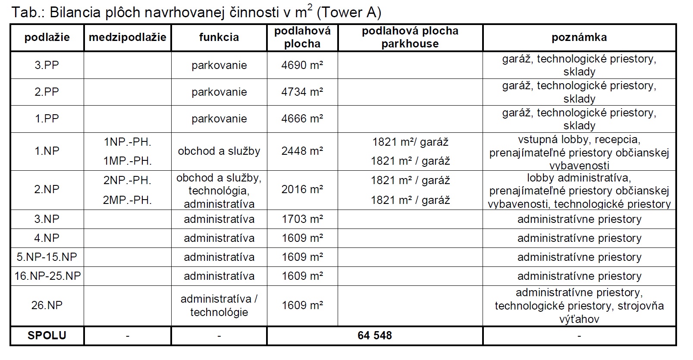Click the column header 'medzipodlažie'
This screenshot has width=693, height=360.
[127, 38]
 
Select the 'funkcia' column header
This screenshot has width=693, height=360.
[219, 38]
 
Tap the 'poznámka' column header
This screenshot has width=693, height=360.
[579, 38]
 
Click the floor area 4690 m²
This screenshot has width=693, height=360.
[302, 65]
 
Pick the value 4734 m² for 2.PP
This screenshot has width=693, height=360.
[302, 92]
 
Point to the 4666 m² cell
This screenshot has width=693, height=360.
[302, 119]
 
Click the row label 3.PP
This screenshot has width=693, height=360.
[47, 65]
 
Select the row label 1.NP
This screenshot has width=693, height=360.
[47, 151]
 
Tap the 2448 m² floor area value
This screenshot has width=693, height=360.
[302, 151]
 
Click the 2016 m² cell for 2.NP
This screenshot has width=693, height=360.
[302, 189]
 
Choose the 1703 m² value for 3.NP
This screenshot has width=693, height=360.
[302, 219]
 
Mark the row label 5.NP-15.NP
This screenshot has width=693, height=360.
[47, 257]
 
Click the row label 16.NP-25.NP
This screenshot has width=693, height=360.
[47, 276]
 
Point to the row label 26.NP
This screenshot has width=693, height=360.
[47, 305]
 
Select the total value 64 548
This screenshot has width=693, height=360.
[374, 335]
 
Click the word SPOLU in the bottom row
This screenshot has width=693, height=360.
[47, 335]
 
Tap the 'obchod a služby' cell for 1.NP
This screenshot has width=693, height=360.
[219, 151]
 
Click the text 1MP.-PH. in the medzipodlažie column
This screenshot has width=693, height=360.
[127, 161]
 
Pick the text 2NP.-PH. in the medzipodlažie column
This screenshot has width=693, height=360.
[127, 180]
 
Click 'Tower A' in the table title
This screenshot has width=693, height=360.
[348, 13]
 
